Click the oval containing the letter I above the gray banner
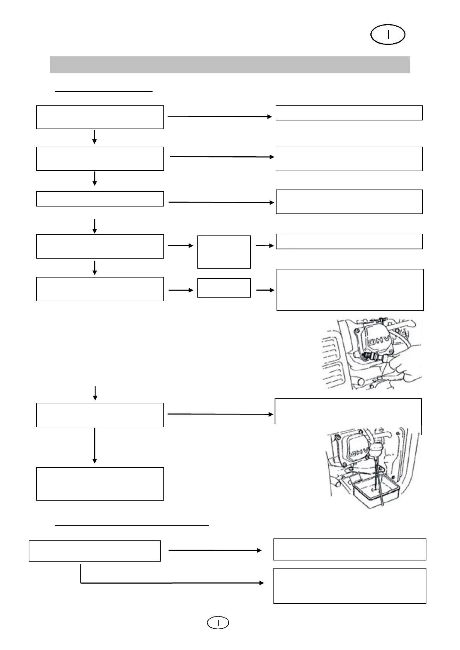pyautogui.click(x=387, y=35)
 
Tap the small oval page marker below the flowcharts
pyautogui.click(x=218, y=623)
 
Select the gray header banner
pyautogui.click(x=229, y=65)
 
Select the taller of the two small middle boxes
pyautogui.click(x=224, y=252)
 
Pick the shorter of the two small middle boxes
pyautogui.click(x=224, y=288)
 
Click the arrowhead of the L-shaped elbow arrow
pyautogui.click(x=262, y=583)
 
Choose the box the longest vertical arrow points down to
pyautogui.click(x=100, y=484)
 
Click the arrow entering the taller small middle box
pyautogui.click(x=180, y=246)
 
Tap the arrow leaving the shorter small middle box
pyautogui.click(x=265, y=290)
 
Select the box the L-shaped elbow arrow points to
pyautogui.click(x=349, y=586)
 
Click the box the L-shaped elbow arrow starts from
pyautogui.click(x=95, y=551)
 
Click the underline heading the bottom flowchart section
pyautogui.click(x=132, y=525)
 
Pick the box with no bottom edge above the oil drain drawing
pyautogui.click(x=348, y=411)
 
